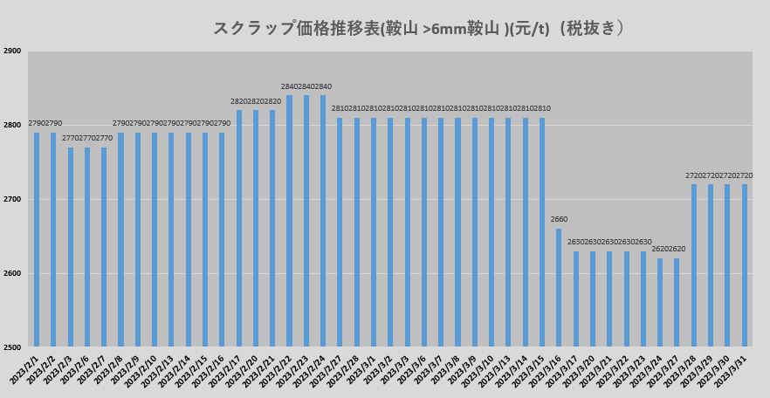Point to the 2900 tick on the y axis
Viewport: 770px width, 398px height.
click(12, 51)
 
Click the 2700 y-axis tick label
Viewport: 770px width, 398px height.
click(12, 200)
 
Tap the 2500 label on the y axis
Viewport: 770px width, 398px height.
click(12, 347)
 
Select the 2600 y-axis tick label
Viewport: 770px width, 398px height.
click(12, 274)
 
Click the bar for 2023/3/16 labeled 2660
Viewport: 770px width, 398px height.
click(559, 288)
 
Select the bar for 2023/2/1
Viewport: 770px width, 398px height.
click(37, 240)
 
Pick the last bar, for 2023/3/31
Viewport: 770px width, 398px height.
click(745, 266)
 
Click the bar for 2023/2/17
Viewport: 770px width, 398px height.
click(239, 229)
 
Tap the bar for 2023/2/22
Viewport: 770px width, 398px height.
click(290, 222)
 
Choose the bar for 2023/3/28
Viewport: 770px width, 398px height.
click(694, 266)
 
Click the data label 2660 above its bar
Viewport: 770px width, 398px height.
click(559, 219)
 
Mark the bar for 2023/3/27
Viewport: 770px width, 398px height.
click(677, 303)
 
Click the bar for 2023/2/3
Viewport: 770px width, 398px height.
click(71, 248)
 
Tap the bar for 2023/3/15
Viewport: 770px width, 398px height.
click(542, 233)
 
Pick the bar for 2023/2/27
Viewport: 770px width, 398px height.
click(340, 233)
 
